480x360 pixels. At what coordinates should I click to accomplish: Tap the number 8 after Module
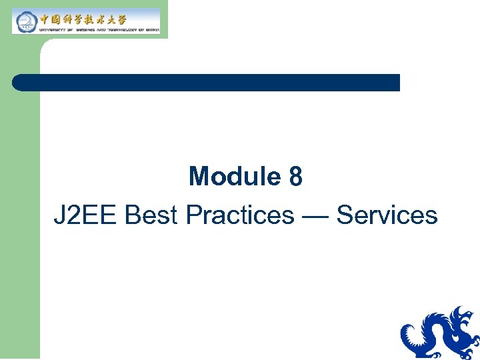295,177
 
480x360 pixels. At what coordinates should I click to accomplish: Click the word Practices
240,215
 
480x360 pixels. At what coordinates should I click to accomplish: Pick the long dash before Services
315,216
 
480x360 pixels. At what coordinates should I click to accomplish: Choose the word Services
387,215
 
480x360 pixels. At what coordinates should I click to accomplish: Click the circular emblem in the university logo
25,21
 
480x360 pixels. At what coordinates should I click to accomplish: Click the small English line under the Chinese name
100,29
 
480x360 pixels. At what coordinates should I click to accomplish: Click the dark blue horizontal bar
207,83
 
